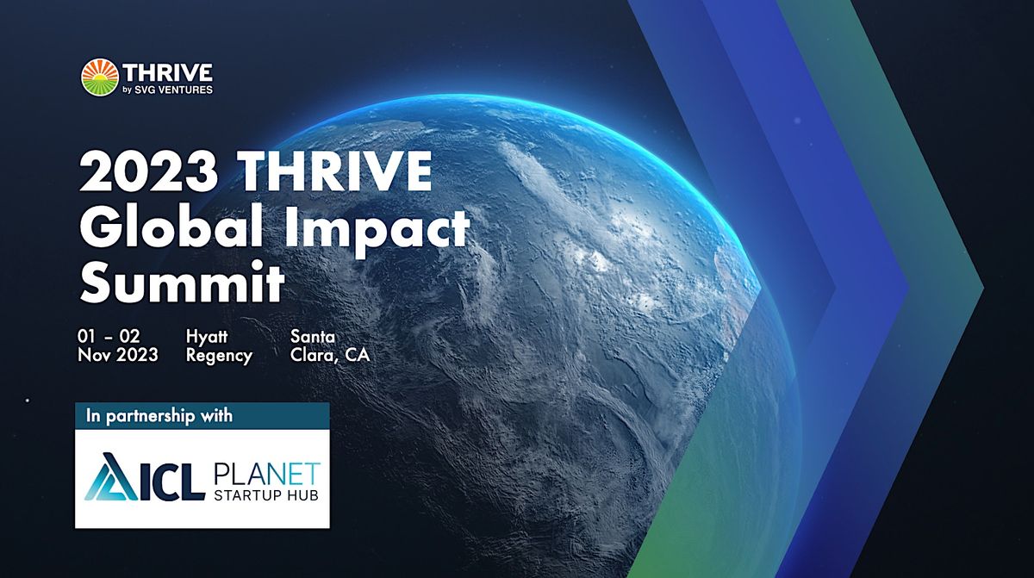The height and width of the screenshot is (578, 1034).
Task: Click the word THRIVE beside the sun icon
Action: pos(167,70)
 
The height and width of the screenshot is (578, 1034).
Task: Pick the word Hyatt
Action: pos(207,336)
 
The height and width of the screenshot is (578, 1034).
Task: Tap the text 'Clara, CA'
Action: pos(330,355)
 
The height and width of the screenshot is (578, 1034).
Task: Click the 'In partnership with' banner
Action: pos(202,415)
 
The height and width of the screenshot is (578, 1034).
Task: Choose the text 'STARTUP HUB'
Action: pos(265,496)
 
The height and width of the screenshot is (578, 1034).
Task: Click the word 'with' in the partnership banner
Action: pos(215,415)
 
